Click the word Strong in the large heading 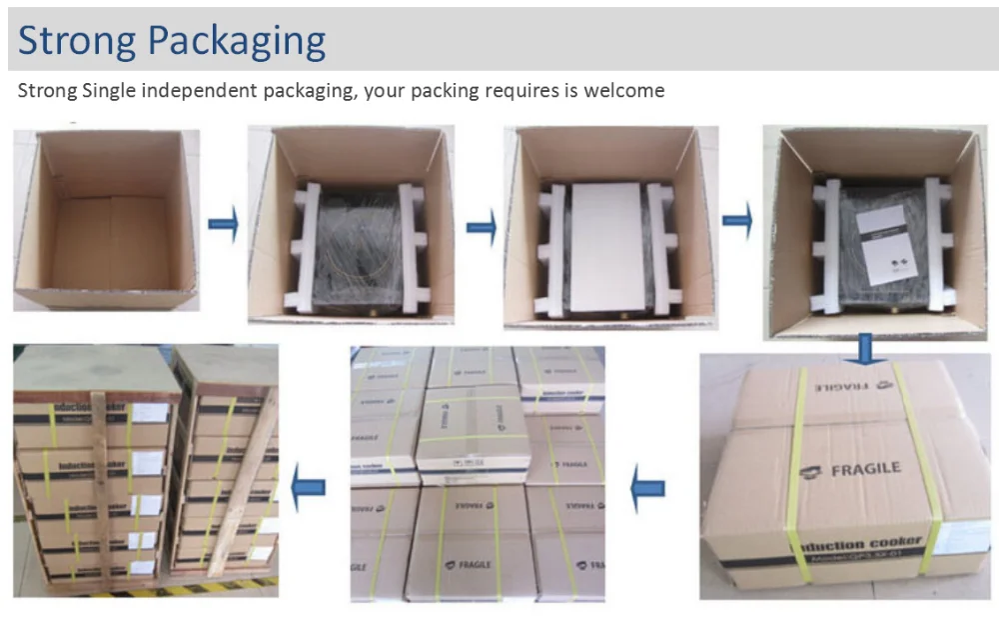(x=75, y=41)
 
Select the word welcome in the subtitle (x=620, y=91)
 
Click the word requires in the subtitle (x=526, y=91)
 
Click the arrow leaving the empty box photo (x=223, y=224)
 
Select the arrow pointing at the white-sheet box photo (x=481, y=228)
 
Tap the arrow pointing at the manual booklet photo (x=737, y=220)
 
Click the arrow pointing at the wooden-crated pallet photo (x=308, y=488)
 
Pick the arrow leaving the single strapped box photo (x=648, y=489)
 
